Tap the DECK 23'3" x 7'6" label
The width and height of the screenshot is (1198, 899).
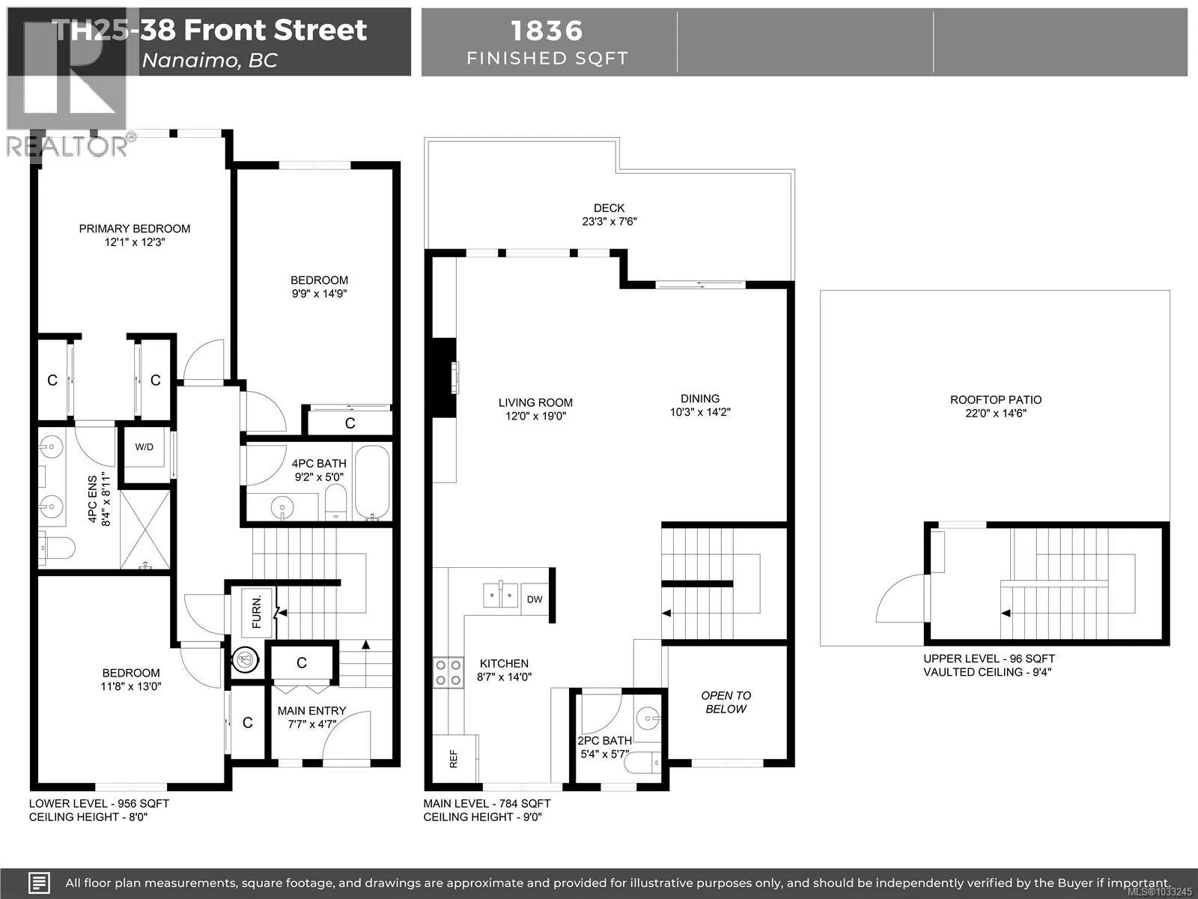(x=609, y=214)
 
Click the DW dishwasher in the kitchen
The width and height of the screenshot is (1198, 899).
(x=535, y=599)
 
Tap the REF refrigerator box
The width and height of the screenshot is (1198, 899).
(x=454, y=759)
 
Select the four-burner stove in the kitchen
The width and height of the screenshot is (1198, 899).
(x=448, y=673)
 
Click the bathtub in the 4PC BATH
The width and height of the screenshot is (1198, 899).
(x=372, y=482)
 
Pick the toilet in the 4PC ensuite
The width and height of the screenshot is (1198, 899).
(x=57, y=548)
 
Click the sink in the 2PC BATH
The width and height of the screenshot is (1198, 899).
(x=648, y=718)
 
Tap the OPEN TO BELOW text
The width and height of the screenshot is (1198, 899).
(x=726, y=702)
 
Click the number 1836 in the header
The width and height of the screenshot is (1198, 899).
(x=547, y=31)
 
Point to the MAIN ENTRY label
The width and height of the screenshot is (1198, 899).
(x=311, y=711)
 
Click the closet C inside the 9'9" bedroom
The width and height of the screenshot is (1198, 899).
(x=350, y=423)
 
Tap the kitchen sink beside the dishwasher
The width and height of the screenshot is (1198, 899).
(x=500, y=595)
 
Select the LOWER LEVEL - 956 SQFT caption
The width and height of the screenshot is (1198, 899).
(x=99, y=803)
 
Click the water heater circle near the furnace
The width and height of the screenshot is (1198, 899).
(x=245, y=660)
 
